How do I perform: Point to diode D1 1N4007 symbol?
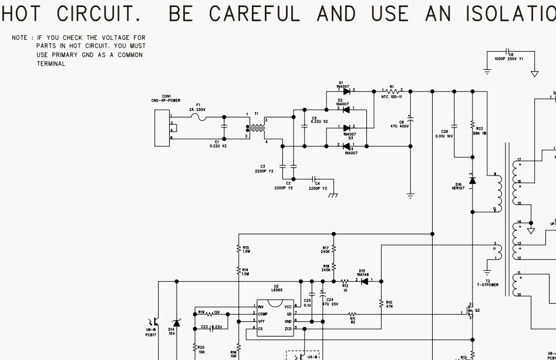346,91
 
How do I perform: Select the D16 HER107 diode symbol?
472,180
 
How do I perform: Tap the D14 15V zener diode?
176,323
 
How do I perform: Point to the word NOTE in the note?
19,38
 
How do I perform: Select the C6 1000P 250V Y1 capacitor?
508,52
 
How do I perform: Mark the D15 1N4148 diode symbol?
364,281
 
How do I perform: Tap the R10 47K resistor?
382,304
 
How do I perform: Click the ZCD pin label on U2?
288,328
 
